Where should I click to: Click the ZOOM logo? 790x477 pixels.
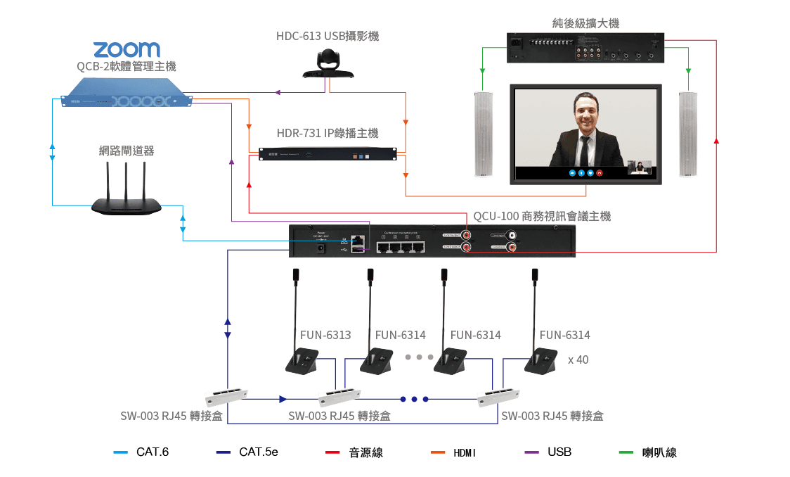[x=127, y=49]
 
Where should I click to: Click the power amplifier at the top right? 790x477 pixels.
[x=585, y=49]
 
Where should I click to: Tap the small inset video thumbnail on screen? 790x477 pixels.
[x=639, y=167]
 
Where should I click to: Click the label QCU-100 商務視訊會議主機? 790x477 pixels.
[x=542, y=217]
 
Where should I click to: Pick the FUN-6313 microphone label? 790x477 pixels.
[x=325, y=336]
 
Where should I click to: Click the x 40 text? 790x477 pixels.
[x=578, y=360]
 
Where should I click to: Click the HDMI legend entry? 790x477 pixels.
[x=465, y=452]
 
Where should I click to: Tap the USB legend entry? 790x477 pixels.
[x=559, y=452]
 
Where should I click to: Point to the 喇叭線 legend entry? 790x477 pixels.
[x=659, y=452]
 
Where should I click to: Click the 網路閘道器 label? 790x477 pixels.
[x=127, y=151]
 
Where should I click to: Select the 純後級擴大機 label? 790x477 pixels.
[x=585, y=24]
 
